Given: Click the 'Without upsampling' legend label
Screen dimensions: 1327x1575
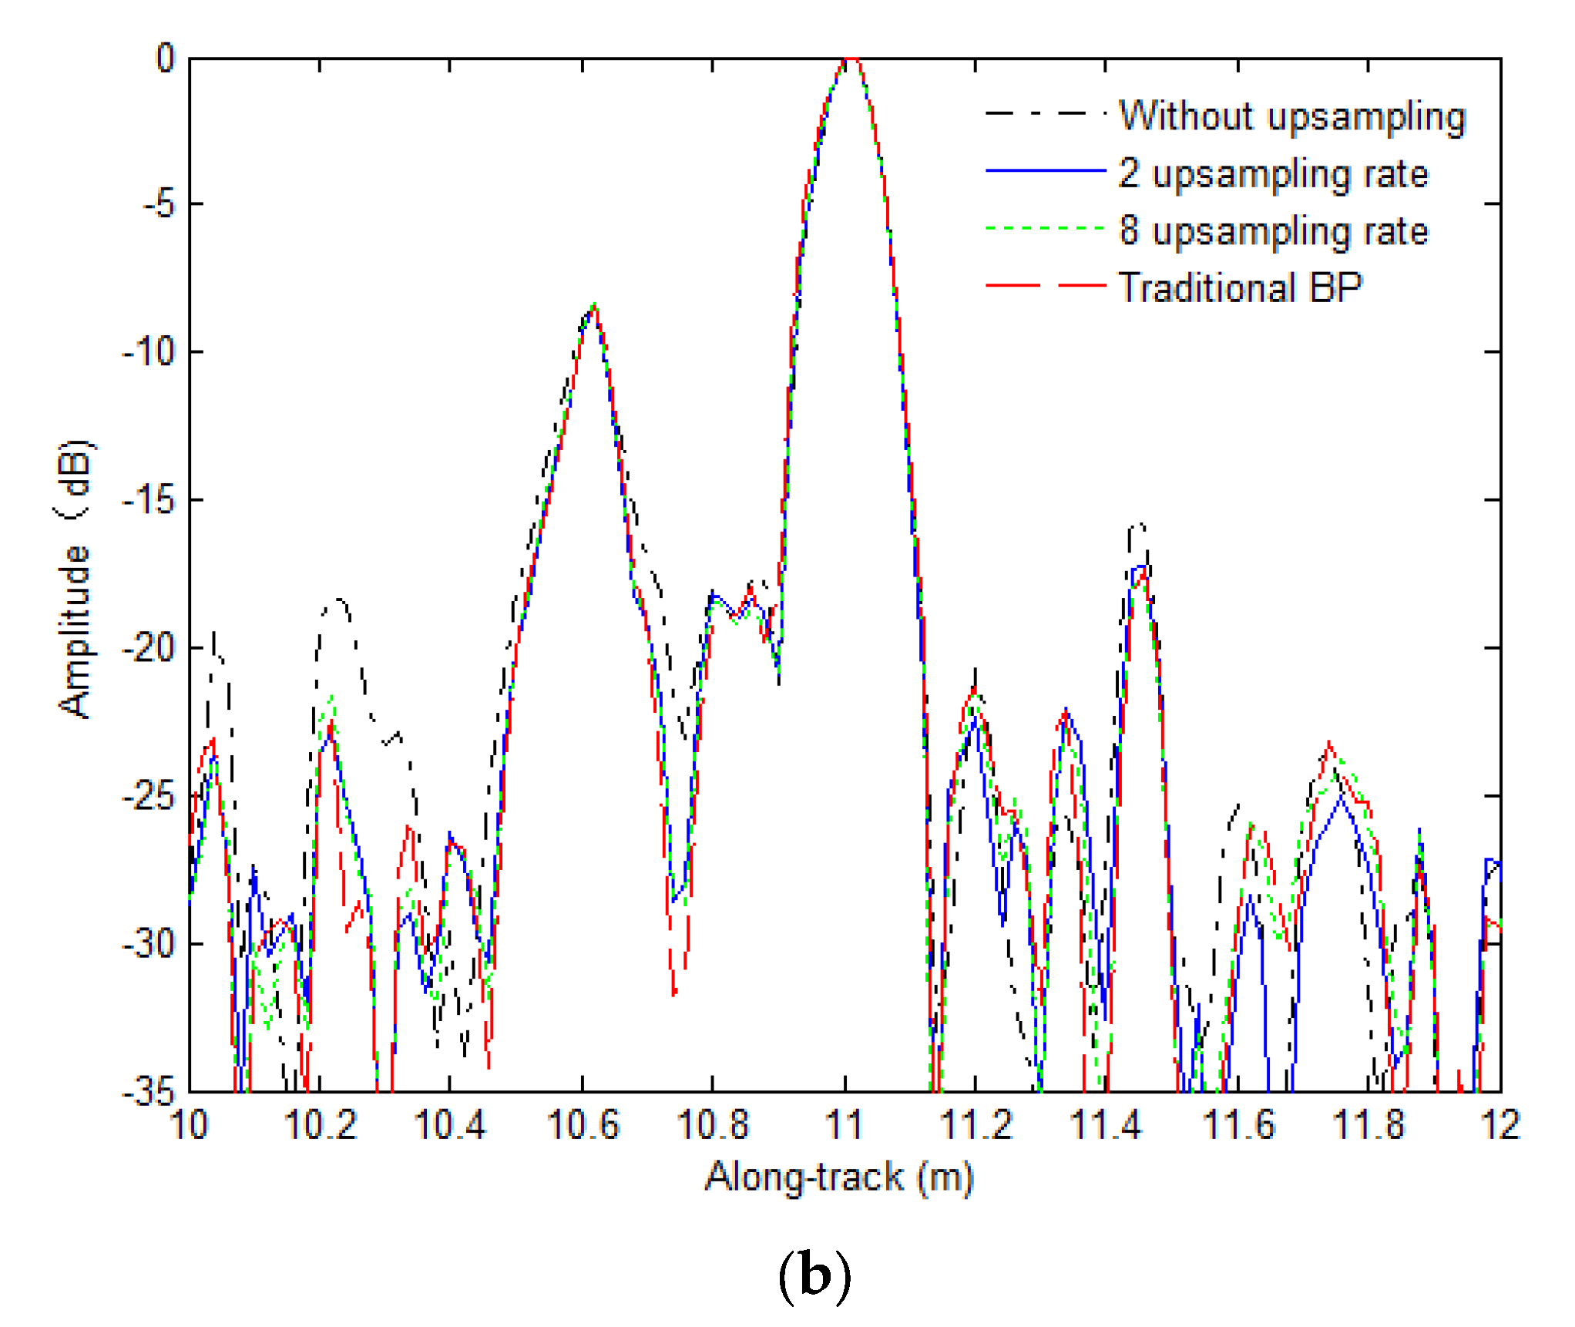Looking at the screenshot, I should pos(1291,117).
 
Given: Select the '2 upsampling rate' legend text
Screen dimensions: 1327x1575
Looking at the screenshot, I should pos(1273,173).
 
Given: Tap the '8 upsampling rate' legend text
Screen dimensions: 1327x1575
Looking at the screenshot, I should pos(1273,230).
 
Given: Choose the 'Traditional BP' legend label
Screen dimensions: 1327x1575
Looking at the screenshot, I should pos(1240,287).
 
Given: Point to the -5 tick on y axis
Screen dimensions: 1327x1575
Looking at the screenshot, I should pos(161,205).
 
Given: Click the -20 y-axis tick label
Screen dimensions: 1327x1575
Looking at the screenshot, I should pos(150,648).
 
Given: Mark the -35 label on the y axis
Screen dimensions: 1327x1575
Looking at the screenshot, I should pos(150,1091).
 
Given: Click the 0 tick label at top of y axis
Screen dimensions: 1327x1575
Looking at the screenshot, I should pos(166,58).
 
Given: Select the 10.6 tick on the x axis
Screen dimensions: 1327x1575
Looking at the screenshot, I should pos(583,1125).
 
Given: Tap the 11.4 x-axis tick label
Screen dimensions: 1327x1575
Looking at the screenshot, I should pos(1106,1125).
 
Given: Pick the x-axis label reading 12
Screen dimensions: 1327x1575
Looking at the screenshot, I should pos(1499,1125).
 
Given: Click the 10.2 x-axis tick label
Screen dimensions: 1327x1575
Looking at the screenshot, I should pos(321,1125).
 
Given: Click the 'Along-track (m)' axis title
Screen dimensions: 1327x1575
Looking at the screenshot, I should pos(840,1178).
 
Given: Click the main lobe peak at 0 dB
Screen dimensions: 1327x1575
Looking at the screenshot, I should pos(848,59).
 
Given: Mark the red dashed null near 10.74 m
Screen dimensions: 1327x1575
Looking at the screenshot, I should pos(674,994).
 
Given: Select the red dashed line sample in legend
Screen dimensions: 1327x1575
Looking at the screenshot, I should pos(1046,286).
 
